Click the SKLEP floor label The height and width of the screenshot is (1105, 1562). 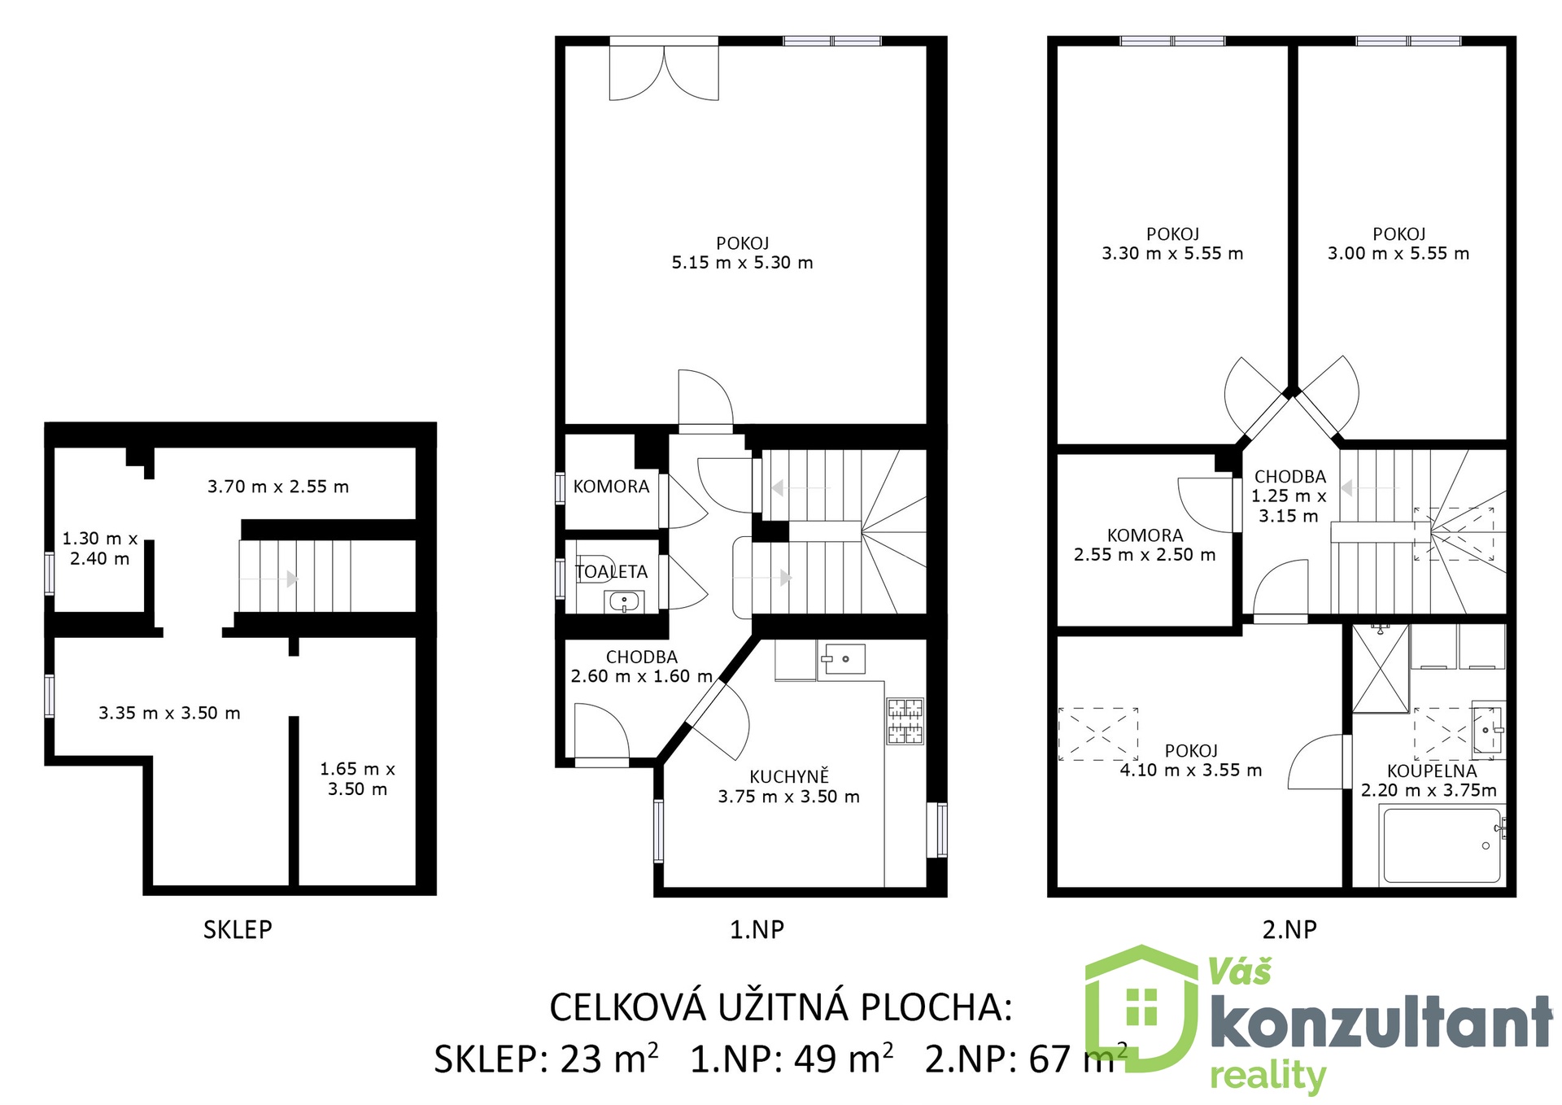point(238,929)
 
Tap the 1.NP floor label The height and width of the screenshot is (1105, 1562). point(757,929)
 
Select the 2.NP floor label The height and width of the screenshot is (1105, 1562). point(1289,929)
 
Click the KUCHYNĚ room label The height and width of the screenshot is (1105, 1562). point(788,776)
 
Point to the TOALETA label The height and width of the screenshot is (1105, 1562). point(612,572)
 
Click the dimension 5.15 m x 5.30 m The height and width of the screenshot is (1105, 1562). point(742,263)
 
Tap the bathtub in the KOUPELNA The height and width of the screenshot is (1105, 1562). point(1442,845)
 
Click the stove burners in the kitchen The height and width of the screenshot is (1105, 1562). point(905,721)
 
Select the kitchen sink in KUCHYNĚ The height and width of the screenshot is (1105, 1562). point(841,658)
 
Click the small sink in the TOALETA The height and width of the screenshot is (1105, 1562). point(624,603)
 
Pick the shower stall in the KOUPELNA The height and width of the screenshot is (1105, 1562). point(1380,668)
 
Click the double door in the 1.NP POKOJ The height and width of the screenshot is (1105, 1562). point(664,72)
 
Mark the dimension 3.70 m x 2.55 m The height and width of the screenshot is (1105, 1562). point(278,487)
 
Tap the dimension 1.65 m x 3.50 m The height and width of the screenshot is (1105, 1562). point(357,779)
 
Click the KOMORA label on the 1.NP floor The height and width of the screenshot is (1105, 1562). point(611,487)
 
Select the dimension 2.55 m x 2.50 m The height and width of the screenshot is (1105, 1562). point(1145,555)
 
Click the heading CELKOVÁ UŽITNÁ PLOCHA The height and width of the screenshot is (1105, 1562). point(780,1007)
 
